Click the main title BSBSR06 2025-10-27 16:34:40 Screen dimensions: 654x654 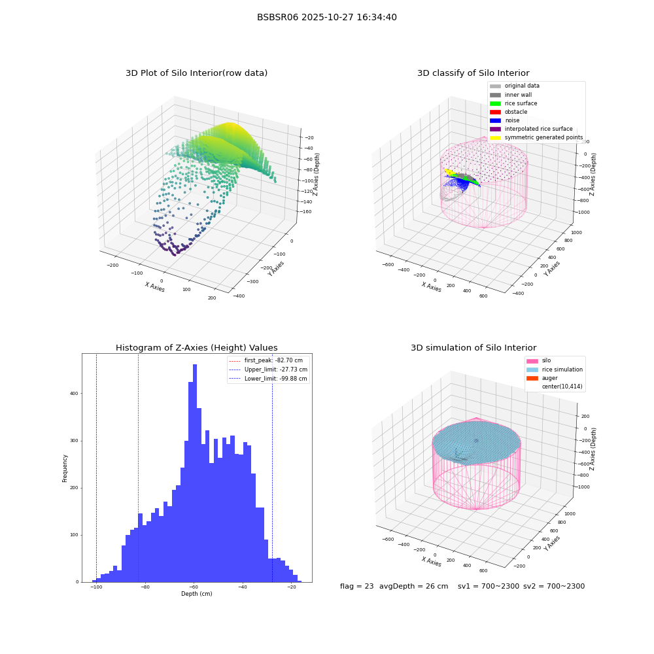pos(326,18)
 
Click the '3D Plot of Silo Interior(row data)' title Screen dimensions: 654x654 pos(196,73)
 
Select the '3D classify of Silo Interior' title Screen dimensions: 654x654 pos(473,73)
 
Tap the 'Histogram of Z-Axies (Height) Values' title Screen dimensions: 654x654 pos(196,348)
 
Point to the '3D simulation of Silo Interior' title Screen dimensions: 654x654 pos(473,348)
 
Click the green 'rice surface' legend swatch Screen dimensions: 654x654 pos(495,103)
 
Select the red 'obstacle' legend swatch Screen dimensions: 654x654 pos(495,112)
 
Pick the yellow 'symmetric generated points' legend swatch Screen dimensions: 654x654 pos(495,137)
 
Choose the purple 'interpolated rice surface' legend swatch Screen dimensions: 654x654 pos(495,129)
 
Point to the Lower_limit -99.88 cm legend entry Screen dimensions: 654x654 pos(268,379)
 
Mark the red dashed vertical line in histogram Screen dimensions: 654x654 pos(138,468)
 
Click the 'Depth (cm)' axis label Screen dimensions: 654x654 pos(196,594)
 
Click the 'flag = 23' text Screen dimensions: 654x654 pos(356,586)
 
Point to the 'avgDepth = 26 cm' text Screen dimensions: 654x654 pos(413,587)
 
